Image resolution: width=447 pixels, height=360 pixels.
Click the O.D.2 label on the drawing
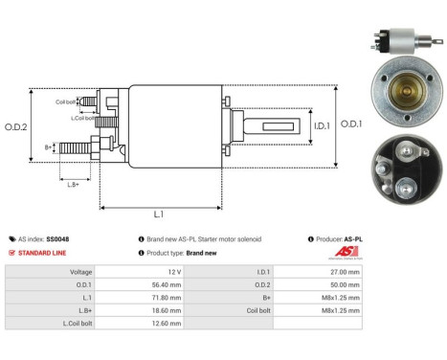coord(16,126)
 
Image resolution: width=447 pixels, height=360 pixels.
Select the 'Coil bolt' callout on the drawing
coord(65,100)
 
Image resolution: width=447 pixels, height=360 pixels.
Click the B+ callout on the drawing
coord(49,147)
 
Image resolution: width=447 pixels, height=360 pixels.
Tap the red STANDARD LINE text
coord(43,253)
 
